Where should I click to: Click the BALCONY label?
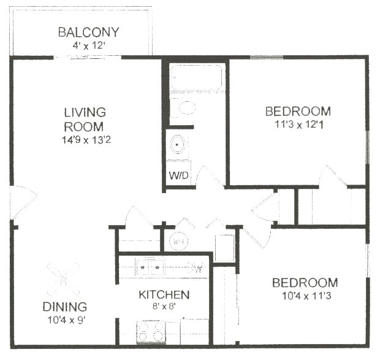(88, 32)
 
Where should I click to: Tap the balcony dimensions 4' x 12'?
(88, 45)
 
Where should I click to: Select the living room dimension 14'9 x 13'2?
(85, 140)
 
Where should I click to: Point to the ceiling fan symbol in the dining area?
(63, 278)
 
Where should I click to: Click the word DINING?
(64, 307)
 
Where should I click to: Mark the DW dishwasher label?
(196, 268)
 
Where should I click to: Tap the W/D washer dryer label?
(179, 175)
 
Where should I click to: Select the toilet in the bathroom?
(182, 108)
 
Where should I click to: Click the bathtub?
(197, 79)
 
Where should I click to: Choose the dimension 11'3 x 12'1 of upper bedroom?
(297, 124)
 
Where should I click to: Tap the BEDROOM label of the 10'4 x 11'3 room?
(305, 283)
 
